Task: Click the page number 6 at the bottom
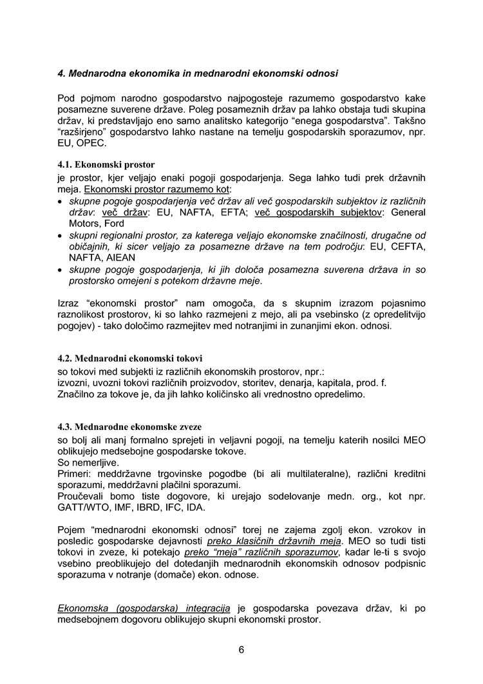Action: point(241,649)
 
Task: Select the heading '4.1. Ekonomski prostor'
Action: point(106,164)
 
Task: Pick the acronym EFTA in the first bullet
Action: point(228,212)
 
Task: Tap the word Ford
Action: point(114,223)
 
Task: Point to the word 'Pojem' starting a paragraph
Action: point(71,529)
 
